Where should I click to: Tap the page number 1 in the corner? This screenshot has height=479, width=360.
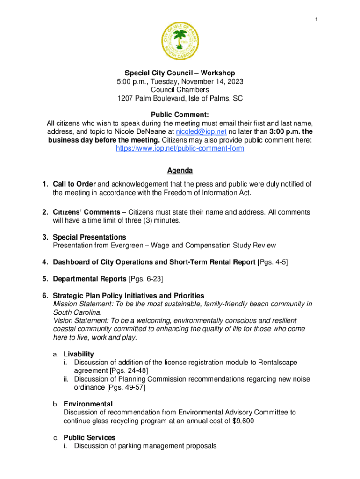tap(317, 19)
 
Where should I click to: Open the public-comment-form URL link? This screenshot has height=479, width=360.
tap(180, 149)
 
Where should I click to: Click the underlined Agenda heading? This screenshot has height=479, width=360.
tap(180, 171)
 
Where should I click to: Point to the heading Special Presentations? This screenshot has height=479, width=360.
tap(89, 237)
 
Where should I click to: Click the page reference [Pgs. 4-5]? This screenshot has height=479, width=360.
tap(273, 262)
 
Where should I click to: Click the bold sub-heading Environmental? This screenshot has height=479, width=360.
tap(88, 404)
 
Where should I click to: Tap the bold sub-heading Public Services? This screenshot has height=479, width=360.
tap(89, 438)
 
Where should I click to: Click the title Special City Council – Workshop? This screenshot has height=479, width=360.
tap(180, 73)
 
